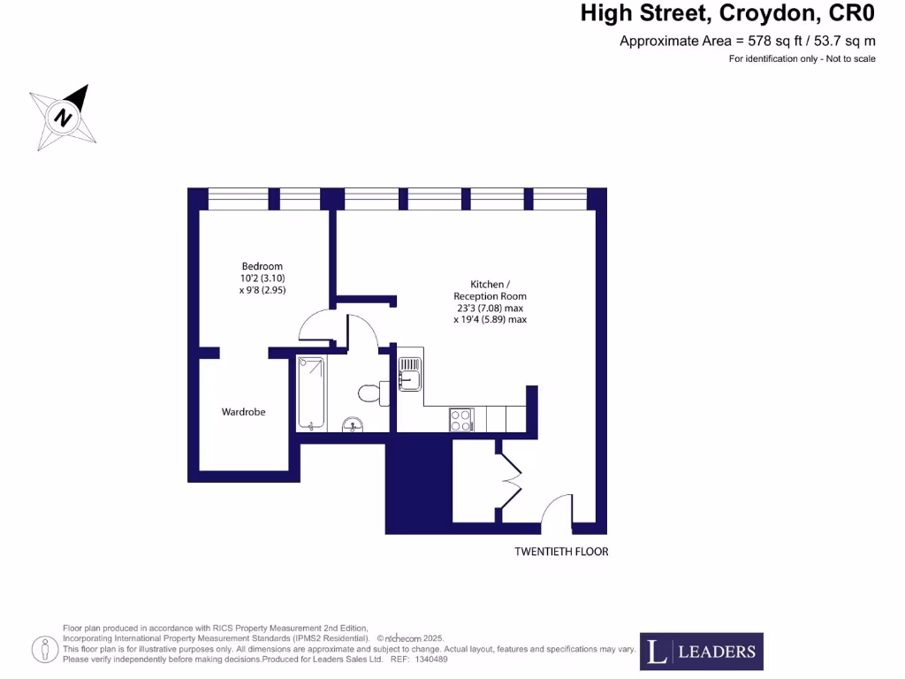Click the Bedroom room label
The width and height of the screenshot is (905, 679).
(262, 266)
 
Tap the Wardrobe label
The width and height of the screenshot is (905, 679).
(243, 412)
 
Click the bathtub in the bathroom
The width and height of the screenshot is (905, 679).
(310, 393)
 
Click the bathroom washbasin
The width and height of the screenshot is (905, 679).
(353, 425)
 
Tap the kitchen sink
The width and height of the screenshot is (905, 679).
(409, 375)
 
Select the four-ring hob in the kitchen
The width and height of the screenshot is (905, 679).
(461, 420)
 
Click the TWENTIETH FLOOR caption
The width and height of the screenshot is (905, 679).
(561, 552)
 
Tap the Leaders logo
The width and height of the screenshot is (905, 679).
(702, 652)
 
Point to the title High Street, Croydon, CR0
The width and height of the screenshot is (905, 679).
(727, 14)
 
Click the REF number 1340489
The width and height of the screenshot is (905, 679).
(431, 659)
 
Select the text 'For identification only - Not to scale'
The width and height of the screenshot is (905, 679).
(802, 59)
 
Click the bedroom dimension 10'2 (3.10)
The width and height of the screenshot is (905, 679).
(262, 278)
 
